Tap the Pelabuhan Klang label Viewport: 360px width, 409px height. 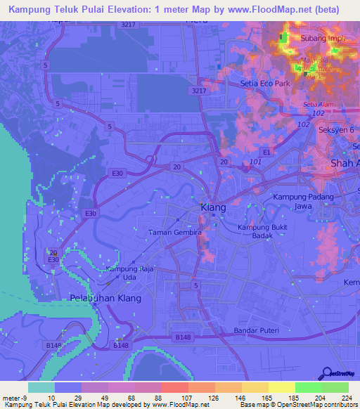click(105, 299)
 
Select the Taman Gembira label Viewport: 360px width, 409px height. click(176, 232)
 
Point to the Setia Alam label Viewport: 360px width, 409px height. click(317, 105)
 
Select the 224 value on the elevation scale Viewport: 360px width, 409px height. click(347, 398)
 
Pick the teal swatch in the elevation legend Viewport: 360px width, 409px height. click(41, 387)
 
